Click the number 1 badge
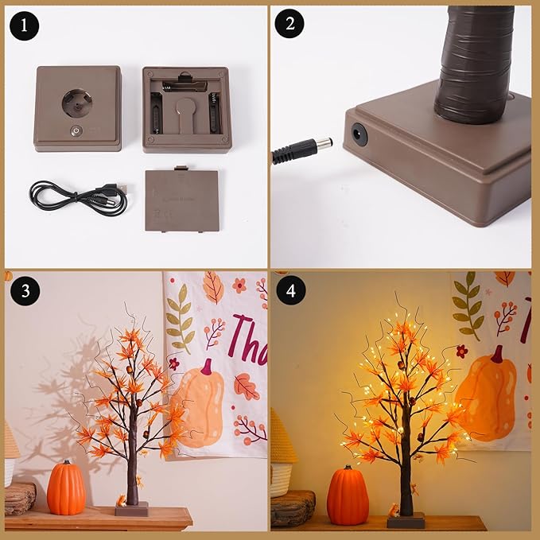tap(25, 25)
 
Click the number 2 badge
tap(289, 25)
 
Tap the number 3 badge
tap(25, 291)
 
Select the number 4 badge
tap(289, 291)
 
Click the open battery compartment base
tap(187, 110)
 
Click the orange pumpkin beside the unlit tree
tap(66, 488)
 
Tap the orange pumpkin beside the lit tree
tap(348, 495)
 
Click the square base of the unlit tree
tap(131, 509)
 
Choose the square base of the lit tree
tap(406, 520)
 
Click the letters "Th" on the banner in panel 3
tap(243, 336)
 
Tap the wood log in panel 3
tap(19, 497)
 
